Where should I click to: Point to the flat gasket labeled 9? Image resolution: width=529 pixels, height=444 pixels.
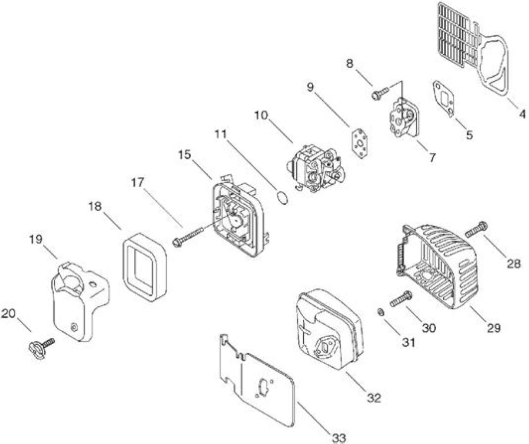pyautogui.click(x=360, y=143)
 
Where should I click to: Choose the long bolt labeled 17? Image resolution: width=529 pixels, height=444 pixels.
pyautogui.click(x=188, y=236)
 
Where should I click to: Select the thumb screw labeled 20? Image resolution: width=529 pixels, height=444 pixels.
pyautogui.click(x=42, y=348)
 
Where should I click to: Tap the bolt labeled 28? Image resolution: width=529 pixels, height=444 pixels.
pyautogui.click(x=476, y=229)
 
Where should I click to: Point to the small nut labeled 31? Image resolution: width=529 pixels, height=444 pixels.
pyautogui.click(x=380, y=312)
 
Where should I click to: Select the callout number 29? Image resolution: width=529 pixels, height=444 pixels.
pyautogui.click(x=493, y=328)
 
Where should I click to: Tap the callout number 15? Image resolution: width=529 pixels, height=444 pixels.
pyautogui.click(x=185, y=155)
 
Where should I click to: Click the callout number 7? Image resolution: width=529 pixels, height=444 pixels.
pyautogui.click(x=432, y=158)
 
